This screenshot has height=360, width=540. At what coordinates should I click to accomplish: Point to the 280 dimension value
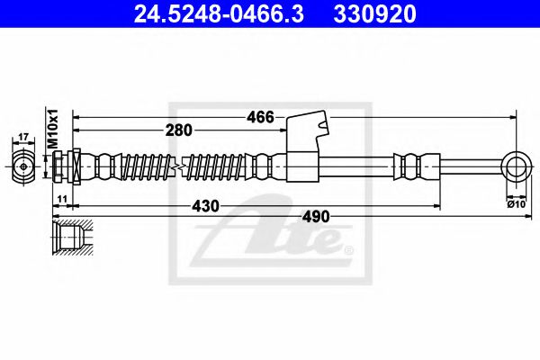click(x=180, y=130)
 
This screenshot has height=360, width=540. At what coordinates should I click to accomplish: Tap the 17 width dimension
click(x=24, y=139)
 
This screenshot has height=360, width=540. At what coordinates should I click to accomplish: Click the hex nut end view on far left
click(x=24, y=166)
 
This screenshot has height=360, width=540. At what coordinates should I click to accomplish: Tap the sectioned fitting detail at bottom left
click(x=70, y=237)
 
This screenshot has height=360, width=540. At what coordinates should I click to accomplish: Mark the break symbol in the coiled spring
click(x=183, y=166)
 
